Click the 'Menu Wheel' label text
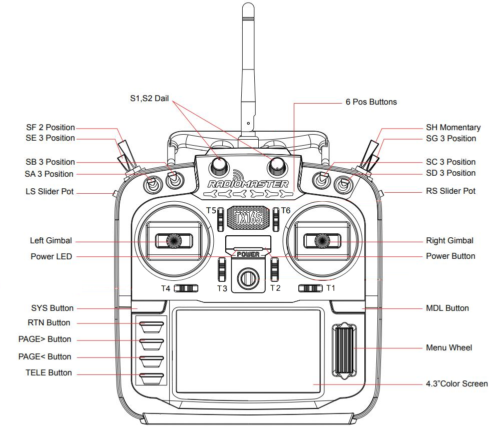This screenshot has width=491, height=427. (448, 347)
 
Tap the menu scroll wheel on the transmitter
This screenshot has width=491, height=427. (344, 349)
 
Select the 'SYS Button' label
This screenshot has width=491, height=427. (52, 308)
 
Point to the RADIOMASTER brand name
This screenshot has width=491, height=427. (248, 184)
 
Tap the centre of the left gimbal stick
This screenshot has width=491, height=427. (173, 241)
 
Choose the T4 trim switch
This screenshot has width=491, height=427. (188, 288)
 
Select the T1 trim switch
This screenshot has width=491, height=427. (309, 288)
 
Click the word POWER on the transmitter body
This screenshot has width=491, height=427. (248, 254)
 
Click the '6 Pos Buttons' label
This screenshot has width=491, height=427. (371, 102)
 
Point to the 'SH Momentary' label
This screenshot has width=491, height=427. (453, 128)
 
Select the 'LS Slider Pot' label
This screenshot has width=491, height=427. (50, 192)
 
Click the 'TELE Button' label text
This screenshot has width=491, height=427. (49, 373)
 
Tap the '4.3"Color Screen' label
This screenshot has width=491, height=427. (456, 384)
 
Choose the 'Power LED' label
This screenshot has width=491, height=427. (51, 257)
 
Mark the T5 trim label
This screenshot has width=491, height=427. (211, 210)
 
